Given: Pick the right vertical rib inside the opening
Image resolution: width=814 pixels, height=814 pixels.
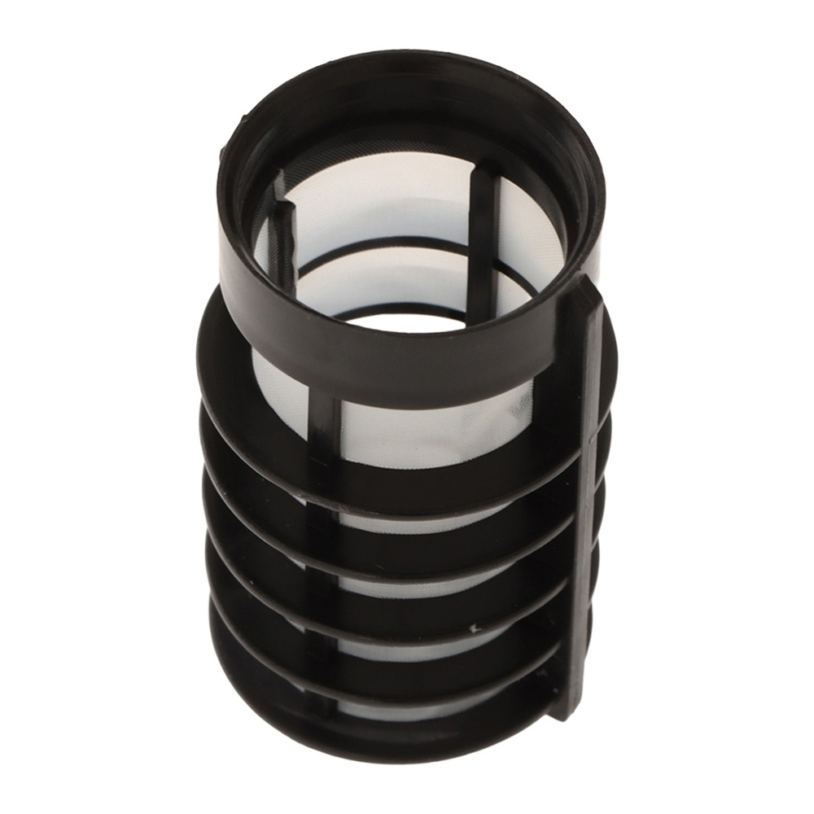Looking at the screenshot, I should tap(482, 236).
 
